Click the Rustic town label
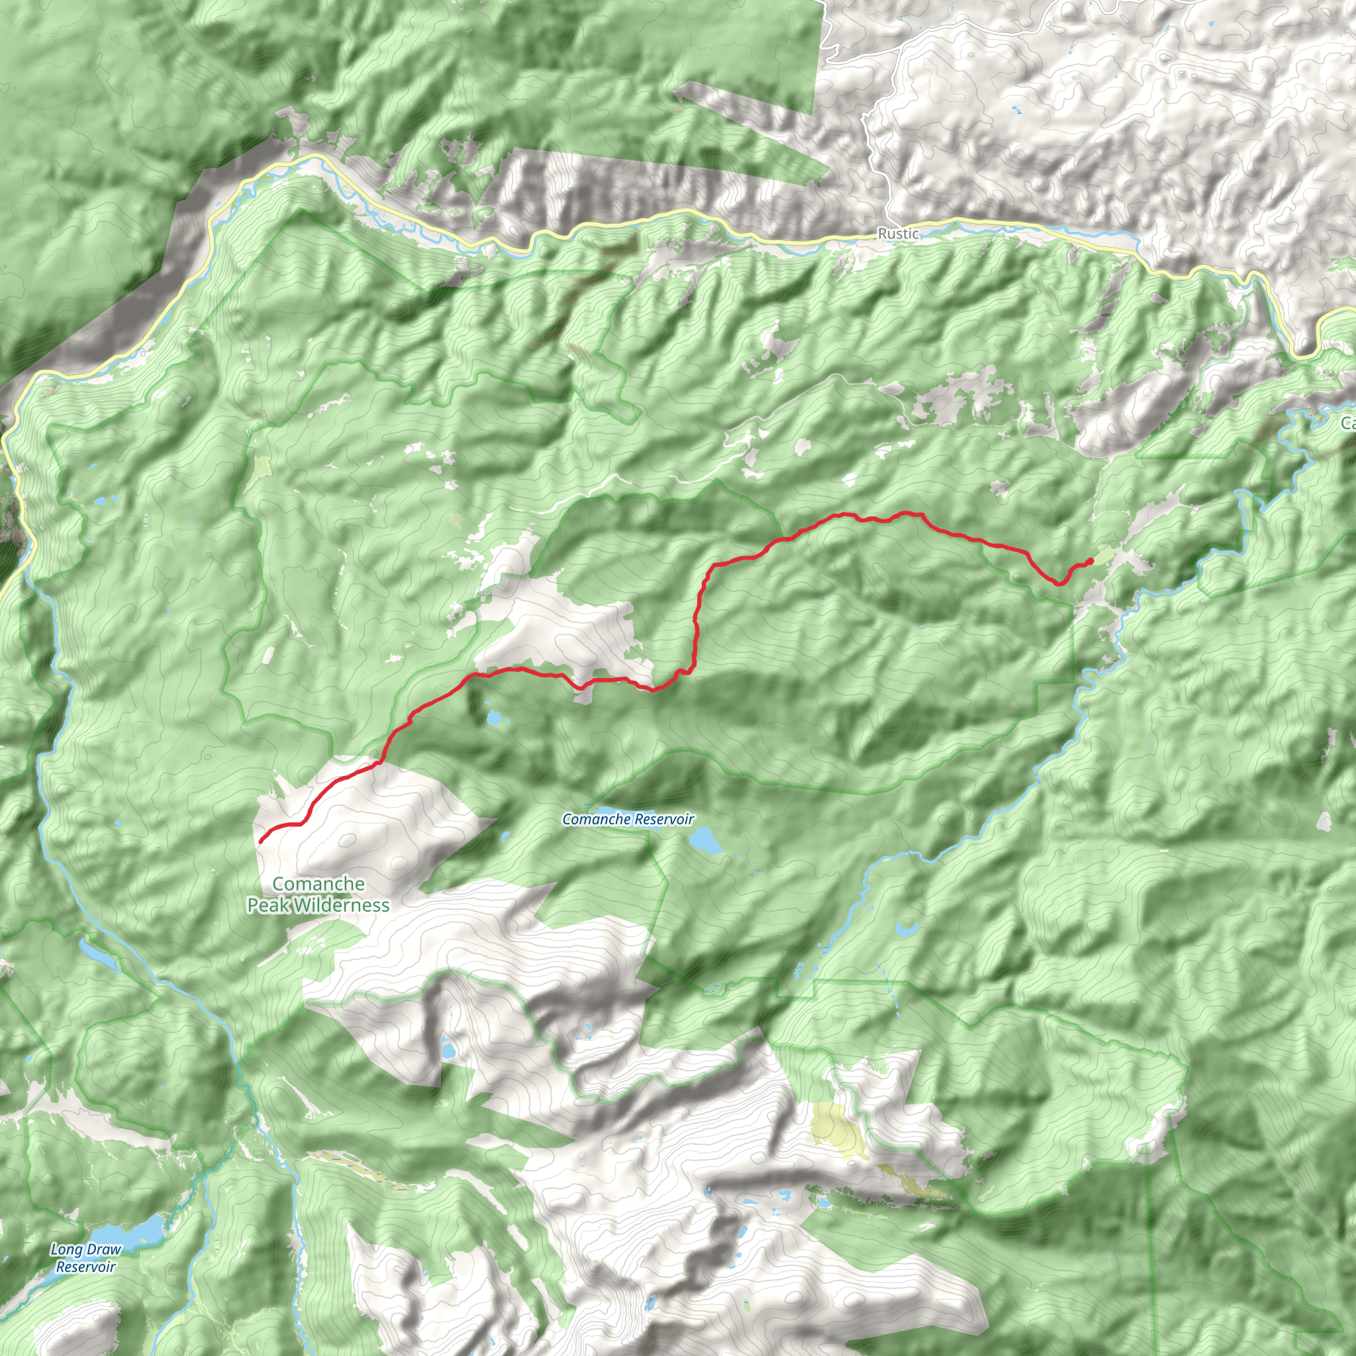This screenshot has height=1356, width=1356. point(898,234)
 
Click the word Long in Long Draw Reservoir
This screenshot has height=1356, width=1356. point(66,1250)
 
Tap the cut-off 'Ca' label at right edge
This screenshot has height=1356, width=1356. point(1347,423)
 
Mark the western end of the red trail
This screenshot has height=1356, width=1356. point(261,841)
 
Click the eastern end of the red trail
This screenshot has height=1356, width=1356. point(1090,560)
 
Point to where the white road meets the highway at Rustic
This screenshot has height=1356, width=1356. point(889,223)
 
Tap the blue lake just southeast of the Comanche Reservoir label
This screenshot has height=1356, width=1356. point(704,840)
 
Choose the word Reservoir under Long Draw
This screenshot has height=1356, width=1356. point(85,1267)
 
